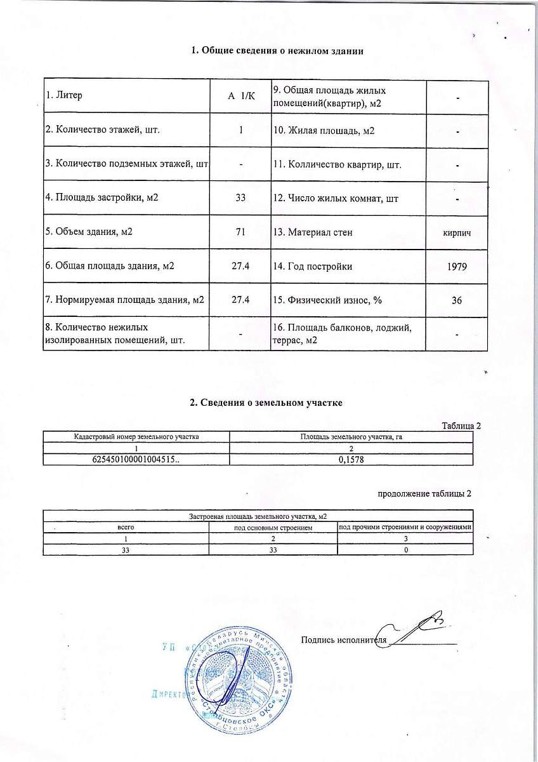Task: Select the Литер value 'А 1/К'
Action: [240, 96]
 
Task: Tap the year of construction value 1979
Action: [456, 266]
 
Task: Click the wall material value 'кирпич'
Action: [456, 233]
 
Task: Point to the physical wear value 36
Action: [456, 300]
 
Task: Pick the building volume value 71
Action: [240, 232]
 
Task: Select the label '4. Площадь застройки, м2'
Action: [102, 198]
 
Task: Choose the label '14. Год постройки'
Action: [312, 266]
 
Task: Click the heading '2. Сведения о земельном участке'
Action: [266, 403]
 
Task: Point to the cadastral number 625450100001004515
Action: [136, 458]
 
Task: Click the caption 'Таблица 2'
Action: [461, 425]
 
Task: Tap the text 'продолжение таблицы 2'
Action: [424, 493]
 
